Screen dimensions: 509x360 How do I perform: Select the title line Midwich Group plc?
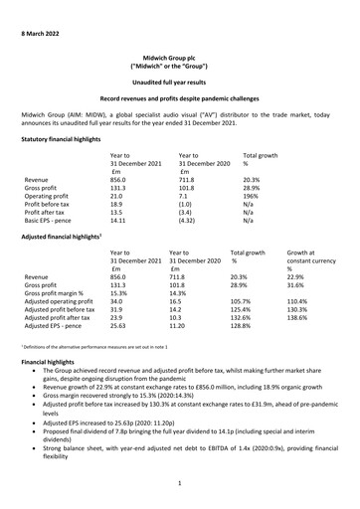click(179, 59)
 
